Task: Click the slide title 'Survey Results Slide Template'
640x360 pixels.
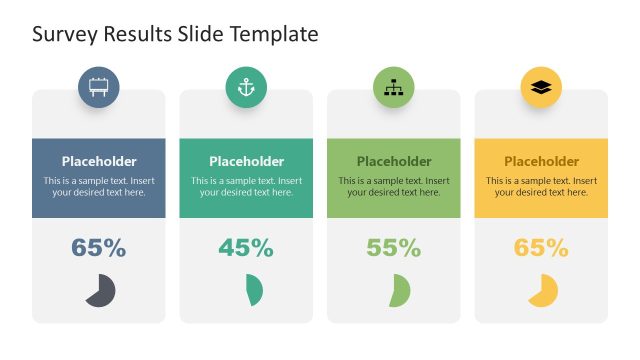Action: click(x=175, y=34)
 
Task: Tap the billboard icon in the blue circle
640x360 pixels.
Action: click(x=99, y=88)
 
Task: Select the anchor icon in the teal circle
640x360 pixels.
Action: click(x=246, y=88)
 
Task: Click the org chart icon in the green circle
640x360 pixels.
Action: click(x=394, y=88)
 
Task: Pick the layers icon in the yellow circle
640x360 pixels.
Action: click(x=541, y=88)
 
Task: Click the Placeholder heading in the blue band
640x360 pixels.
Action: click(x=99, y=161)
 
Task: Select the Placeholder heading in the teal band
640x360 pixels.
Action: click(x=246, y=161)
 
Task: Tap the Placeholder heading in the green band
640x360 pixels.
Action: click(x=394, y=161)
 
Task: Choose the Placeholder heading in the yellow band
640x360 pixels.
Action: click(x=541, y=161)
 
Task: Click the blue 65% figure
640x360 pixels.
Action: click(x=99, y=248)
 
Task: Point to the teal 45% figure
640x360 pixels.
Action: click(x=246, y=248)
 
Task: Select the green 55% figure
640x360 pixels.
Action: click(x=394, y=248)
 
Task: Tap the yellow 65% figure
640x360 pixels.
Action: click(x=541, y=248)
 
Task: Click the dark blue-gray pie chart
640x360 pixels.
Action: click(x=100, y=291)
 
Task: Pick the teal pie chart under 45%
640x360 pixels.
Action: click(x=254, y=291)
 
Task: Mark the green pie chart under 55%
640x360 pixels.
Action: click(x=400, y=291)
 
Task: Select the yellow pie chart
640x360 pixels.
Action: click(x=543, y=291)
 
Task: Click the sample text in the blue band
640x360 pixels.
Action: click(x=99, y=187)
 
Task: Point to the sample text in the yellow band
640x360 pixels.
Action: click(x=541, y=187)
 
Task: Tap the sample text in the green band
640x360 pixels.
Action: click(x=394, y=187)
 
